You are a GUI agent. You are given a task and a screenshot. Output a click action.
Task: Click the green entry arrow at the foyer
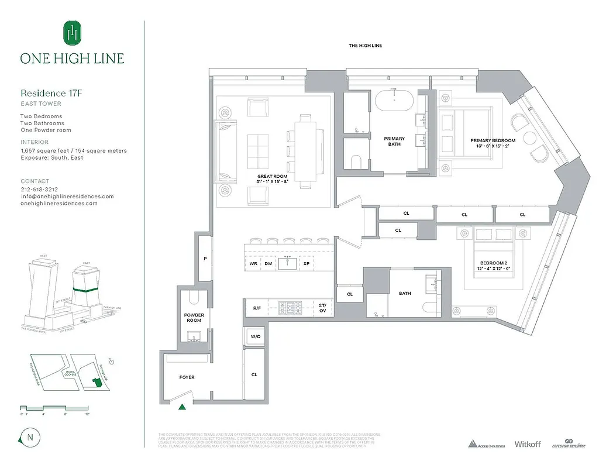[183, 406]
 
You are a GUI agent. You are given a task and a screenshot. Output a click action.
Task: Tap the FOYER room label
[187, 377]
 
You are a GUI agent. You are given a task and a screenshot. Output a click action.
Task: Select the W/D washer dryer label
[255, 336]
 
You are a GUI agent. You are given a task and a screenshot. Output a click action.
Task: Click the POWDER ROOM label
[194, 318]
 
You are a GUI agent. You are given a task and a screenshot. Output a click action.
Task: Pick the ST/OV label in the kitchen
[322, 308]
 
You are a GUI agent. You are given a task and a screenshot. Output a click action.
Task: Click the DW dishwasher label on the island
[268, 264]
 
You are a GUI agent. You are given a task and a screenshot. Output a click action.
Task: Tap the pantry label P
[204, 259]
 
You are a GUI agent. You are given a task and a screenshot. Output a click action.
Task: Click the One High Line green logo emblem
[72, 33]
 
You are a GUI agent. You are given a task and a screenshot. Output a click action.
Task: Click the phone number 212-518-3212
[40, 190]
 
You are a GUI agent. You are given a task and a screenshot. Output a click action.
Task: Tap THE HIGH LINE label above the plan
[364, 46]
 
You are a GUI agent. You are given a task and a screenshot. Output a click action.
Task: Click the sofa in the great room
[223, 150]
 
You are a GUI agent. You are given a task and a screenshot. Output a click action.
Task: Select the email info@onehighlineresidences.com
[67, 197]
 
